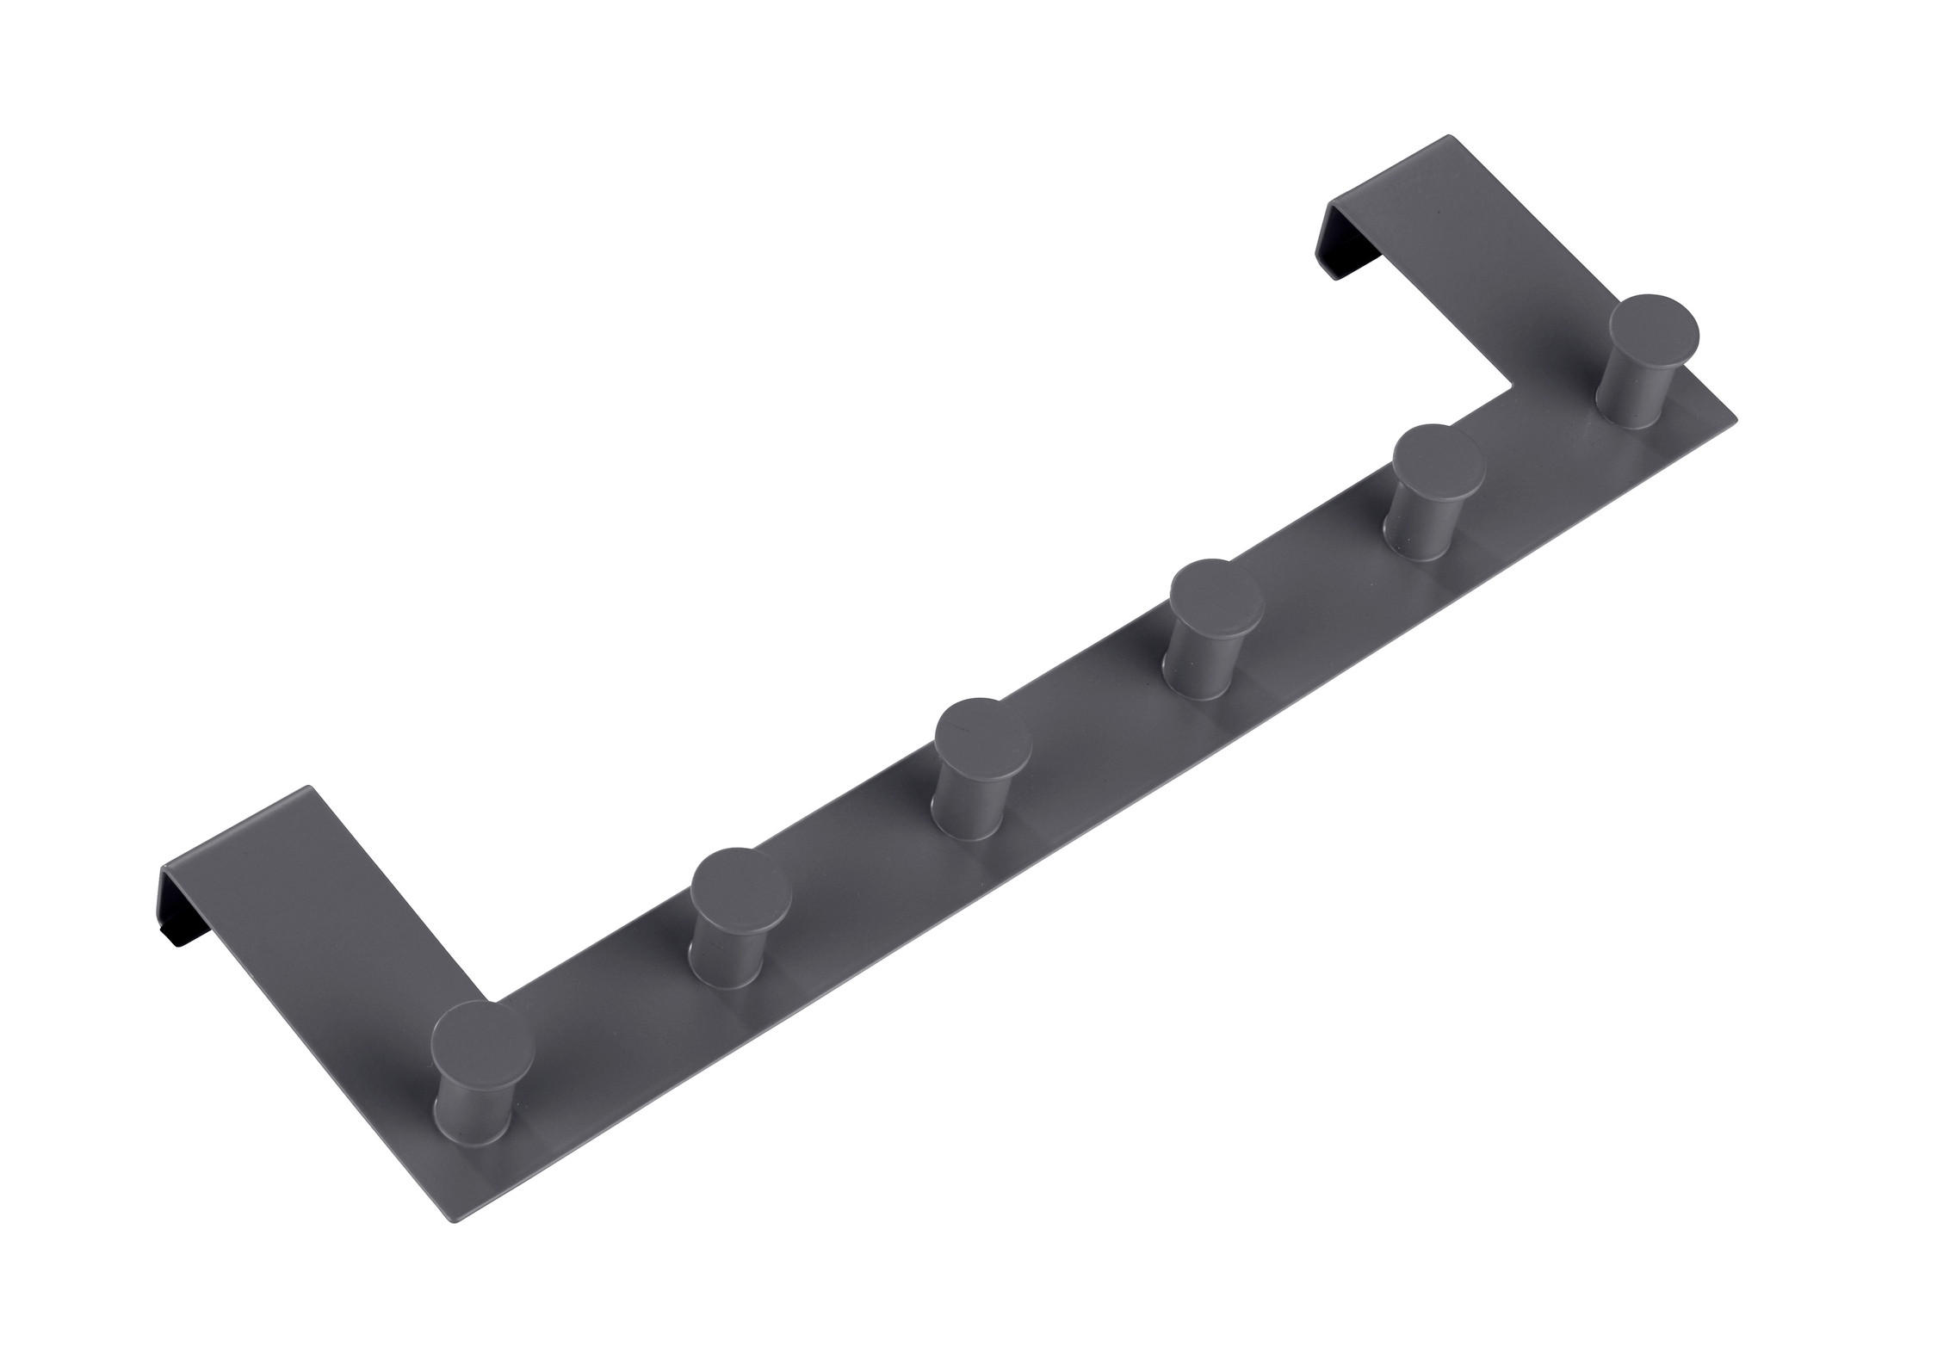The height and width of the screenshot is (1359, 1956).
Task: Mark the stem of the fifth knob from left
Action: [1427, 528]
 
